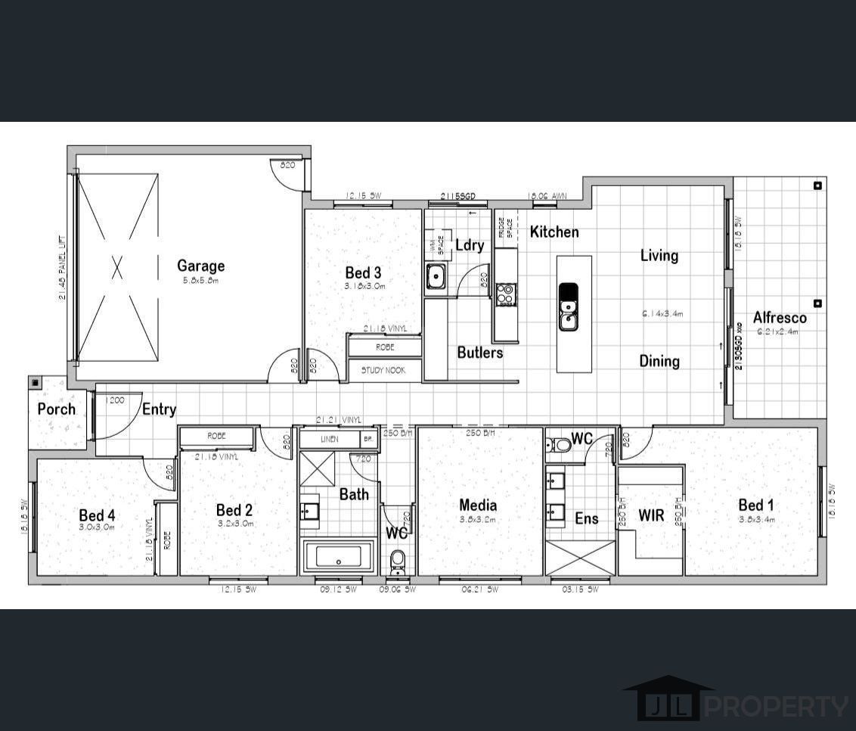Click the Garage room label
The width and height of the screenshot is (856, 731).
point(200,266)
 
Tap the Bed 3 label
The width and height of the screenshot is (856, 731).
point(363,272)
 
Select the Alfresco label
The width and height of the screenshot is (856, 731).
point(779,318)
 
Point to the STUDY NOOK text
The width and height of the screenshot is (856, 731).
point(383,371)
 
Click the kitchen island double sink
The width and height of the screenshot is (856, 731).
point(568,306)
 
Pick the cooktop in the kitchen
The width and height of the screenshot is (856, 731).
point(506,294)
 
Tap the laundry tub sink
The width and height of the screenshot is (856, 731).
point(436,276)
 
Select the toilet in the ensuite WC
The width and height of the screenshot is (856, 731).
point(560,444)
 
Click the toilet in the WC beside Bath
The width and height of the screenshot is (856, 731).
point(398,561)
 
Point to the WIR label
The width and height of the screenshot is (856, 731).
point(651,515)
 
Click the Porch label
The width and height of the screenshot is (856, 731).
point(57,409)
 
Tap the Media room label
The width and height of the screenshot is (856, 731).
point(478,505)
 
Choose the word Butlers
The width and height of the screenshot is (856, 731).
point(479,352)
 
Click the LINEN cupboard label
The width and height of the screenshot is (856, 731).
point(329,439)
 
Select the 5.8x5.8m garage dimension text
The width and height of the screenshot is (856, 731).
point(200,281)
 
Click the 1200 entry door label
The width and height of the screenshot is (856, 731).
point(115,400)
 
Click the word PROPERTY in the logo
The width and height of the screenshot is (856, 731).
point(777,707)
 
